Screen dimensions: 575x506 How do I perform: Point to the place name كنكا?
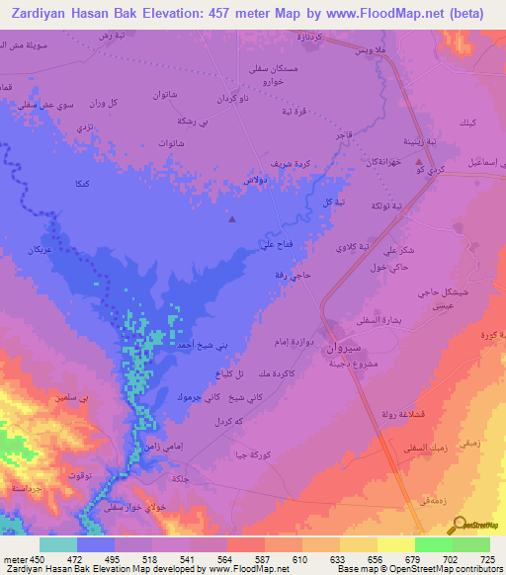click(x=84, y=185)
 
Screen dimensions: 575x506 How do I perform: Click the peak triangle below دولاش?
click(x=232, y=219)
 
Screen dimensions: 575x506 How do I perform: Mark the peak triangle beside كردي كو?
click(x=420, y=161)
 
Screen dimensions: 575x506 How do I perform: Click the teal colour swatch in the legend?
click(x=57, y=544)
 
